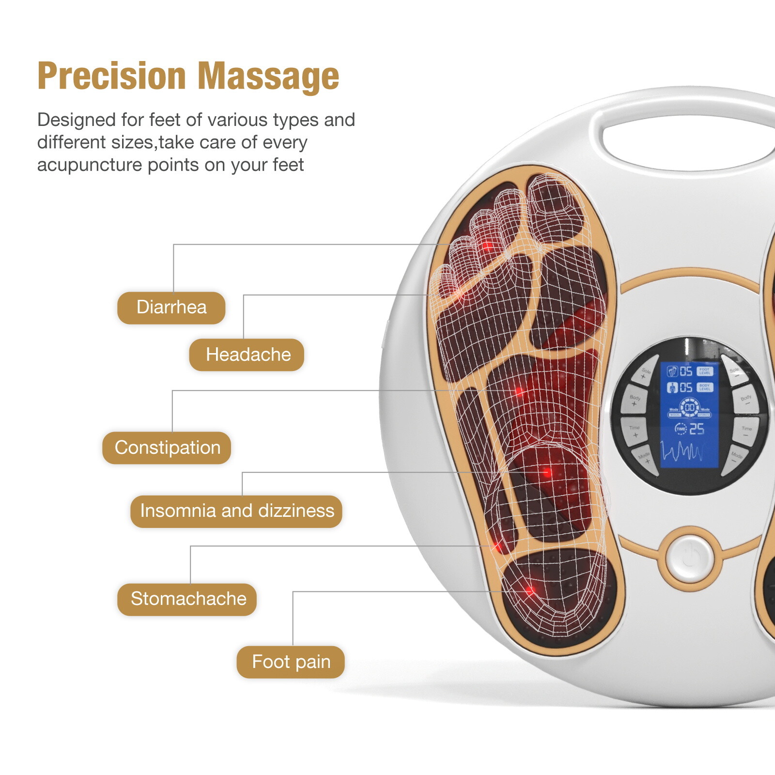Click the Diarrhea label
coord(171,308)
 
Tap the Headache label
coord(248,355)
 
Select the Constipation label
coord(167,448)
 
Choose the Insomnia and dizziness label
coord(237,511)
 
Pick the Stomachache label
coord(188,599)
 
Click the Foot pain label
coord(291,662)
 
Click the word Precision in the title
coord(112,76)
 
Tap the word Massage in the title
coord(269,76)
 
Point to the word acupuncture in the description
coord(90,165)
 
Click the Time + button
coord(635,432)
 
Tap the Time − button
coord(746,432)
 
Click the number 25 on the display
coord(697,429)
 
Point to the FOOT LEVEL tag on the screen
coord(705,372)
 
